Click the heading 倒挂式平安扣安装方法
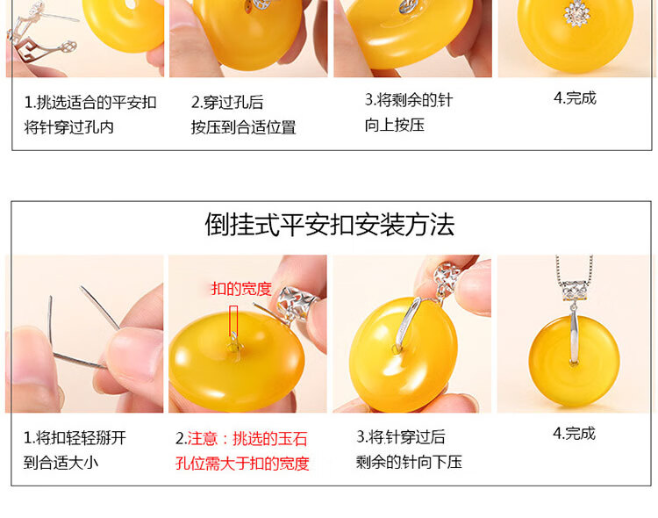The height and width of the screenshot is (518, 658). click(x=330, y=225)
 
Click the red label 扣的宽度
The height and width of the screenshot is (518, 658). click(x=241, y=289)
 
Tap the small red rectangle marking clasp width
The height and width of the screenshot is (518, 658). click(x=233, y=320)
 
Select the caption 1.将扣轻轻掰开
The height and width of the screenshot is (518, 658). click(x=75, y=438)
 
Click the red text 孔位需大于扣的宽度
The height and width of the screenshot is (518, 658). click(x=242, y=464)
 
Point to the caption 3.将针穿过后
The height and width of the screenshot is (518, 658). click(x=401, y=437)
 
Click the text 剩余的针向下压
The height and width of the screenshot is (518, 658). click(x=409, y=462)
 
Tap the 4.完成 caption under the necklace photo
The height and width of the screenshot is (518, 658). click(x=574, y=433)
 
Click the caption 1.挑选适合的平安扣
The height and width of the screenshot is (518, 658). click(x=90, y=102)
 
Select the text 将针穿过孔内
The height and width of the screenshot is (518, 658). click(x=68, y=127)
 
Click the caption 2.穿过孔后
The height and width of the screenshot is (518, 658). click(x=227, y=102)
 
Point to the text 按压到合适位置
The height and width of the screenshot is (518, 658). click(x=243, y=127)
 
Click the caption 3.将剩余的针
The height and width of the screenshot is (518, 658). click(x=409, y=100)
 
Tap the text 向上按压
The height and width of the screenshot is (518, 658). click(x=395, y=125)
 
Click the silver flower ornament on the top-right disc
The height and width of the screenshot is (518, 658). click(x=577, y=14)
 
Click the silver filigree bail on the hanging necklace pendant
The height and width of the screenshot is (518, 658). click(x=575, y=291)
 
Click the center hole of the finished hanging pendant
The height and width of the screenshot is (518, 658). click(x=574, y=362)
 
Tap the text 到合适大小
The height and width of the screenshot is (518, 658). click(x=61, y=463)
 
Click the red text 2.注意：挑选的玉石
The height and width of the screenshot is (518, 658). click(x=241, y=439)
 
